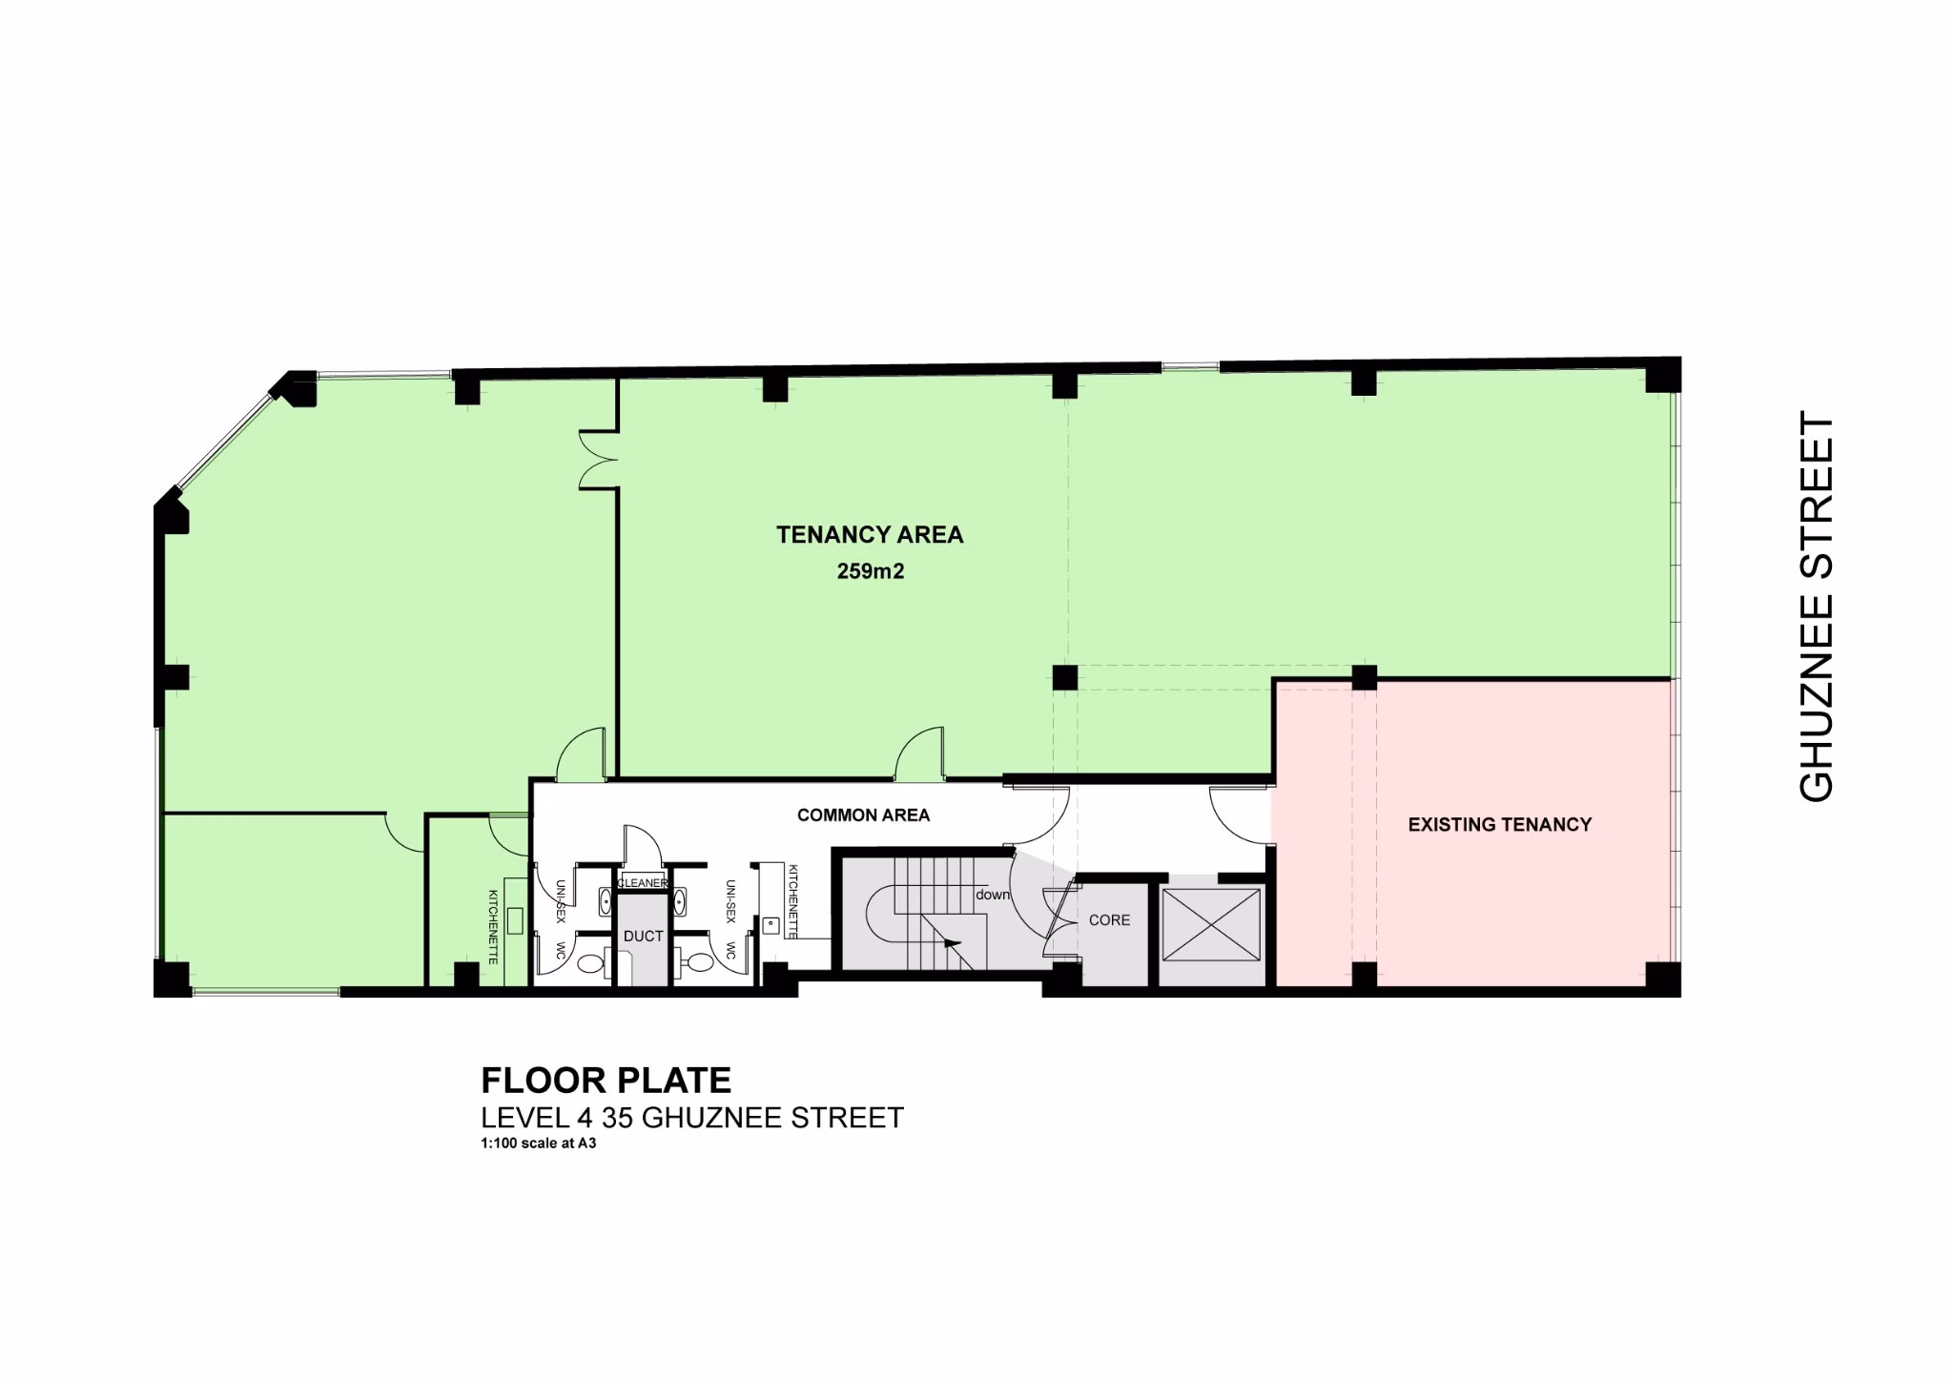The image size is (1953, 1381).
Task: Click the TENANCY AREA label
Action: [x=870, y=535]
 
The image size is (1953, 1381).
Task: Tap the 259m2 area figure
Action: [x=870, y=572]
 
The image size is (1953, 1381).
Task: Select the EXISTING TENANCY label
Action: [x=1500, y=824]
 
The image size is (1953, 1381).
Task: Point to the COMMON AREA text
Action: [x=863, y=815]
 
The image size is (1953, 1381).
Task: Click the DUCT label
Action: [x=643, y=937]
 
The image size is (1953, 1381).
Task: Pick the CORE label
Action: [x=1109, y=920]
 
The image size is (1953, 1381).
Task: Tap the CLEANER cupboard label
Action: [x=643, y=883]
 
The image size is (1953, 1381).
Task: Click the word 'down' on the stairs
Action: [x=992, y=895]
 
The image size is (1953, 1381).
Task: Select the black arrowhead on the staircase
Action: [x=951, y=943]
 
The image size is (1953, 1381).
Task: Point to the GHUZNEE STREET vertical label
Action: [x=1816, y=607]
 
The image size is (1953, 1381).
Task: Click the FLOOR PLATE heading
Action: [x=606, y=1080]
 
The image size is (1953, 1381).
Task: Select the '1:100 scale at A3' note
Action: [x=539, y=1143]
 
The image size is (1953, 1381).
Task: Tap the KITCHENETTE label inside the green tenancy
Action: [x=493, y=927]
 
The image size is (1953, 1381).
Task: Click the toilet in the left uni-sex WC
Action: [x=590, y=964]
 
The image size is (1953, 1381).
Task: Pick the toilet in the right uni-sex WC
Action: [x=697, y=964]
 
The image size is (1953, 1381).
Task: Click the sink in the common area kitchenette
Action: [x=771, y=924]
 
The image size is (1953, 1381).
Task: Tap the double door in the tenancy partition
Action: [x=598, y=461]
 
